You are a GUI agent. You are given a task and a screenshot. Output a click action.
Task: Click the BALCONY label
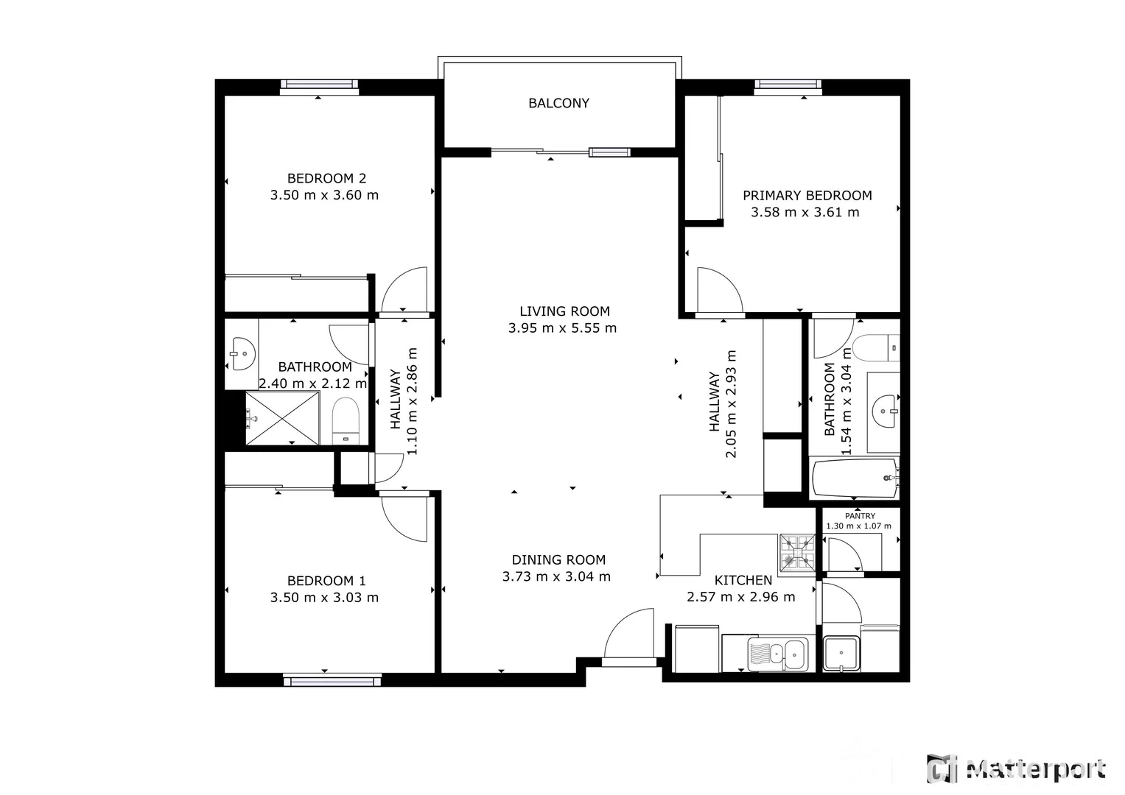point(558,103)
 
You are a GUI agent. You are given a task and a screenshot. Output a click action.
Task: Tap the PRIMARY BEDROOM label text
point(807,195)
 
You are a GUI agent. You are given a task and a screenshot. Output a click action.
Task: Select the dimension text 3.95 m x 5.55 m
point(562,328)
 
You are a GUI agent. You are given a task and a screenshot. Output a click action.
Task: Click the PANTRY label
point(860,516)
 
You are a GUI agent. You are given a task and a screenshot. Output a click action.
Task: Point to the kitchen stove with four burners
point(797,552)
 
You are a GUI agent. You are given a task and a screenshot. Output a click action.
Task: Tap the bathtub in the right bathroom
point(855,478)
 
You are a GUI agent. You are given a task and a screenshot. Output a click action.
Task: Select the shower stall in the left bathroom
point(282,418)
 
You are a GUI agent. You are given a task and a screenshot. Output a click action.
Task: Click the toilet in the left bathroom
point(345,420)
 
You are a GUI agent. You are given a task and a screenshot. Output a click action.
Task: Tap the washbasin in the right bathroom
point(883,411)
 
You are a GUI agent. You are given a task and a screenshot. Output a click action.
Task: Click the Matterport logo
point(1017,769)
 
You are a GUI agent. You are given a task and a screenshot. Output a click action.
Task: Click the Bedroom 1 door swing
point(404,517)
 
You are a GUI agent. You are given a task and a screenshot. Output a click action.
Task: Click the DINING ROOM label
point(558,560)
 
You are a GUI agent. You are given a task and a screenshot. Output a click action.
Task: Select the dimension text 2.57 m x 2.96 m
point(740,597)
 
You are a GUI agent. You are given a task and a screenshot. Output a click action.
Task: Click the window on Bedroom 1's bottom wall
point(332,681)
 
